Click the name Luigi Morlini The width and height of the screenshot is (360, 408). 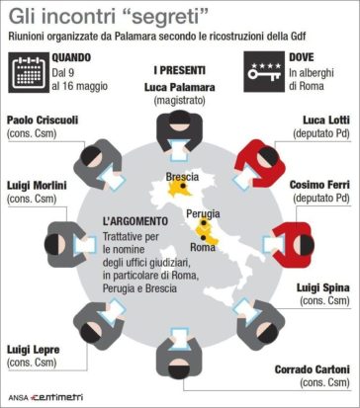tap(39, 185)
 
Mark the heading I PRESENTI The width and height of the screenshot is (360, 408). tap(179, 71)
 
